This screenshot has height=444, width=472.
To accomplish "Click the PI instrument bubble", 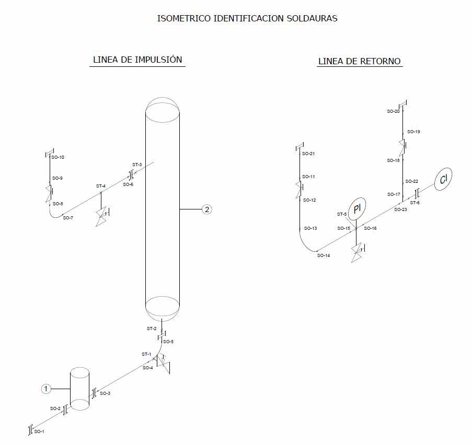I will (358, 209).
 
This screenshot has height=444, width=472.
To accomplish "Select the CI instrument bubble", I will (444, 180).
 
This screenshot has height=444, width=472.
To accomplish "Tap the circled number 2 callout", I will (207, 209).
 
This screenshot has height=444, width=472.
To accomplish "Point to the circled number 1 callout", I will (46, 389).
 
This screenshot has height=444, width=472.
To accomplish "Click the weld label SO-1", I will (39, 432).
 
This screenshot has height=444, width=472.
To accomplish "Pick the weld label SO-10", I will (57, 157).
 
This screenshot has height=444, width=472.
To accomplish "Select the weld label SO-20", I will (393, 111).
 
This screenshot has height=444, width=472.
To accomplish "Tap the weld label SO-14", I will (324, 255).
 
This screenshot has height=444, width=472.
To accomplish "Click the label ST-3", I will (137, 165).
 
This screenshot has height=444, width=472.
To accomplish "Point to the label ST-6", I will (415, 203).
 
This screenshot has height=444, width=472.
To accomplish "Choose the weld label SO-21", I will (308, 154).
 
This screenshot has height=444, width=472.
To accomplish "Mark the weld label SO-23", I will (400, 209).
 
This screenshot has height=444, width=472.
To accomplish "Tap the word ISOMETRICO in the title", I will (183, 18).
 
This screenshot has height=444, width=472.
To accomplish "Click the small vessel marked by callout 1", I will (80, 389).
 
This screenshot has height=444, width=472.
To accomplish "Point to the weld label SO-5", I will (168, 342).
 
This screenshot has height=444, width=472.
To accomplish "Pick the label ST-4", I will (101, 186).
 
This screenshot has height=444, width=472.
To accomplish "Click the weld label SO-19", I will (413, 132).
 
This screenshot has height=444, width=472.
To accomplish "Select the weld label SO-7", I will (68, 218).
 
